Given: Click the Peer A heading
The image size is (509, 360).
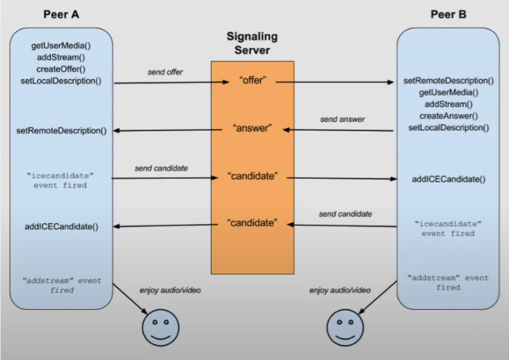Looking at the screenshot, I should coord(61,15).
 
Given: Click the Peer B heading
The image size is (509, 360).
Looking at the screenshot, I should coord(448,15).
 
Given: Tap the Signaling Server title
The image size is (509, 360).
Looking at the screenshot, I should coord(252,44).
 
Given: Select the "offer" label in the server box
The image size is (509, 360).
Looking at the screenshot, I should coord(253,80).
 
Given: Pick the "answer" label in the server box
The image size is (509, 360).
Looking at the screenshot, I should coord(253,128).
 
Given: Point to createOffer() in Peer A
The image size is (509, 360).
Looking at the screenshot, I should coord(61,69).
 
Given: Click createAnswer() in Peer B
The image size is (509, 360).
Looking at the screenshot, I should coord(448,116).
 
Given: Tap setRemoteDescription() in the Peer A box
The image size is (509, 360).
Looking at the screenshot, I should coord(62,131).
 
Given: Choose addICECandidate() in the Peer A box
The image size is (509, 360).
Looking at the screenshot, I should coord(62,226).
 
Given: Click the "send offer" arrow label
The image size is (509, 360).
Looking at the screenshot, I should coord(165,72).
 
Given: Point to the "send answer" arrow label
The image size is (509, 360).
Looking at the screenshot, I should coord(343,119).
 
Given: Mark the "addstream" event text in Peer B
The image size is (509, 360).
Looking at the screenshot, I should coord(448,282).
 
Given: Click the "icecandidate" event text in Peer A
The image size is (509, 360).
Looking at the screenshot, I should coord(61,180).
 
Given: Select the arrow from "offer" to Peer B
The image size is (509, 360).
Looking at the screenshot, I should coord(335,82).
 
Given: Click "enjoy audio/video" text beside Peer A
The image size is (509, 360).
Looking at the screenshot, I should coord(166,290).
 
